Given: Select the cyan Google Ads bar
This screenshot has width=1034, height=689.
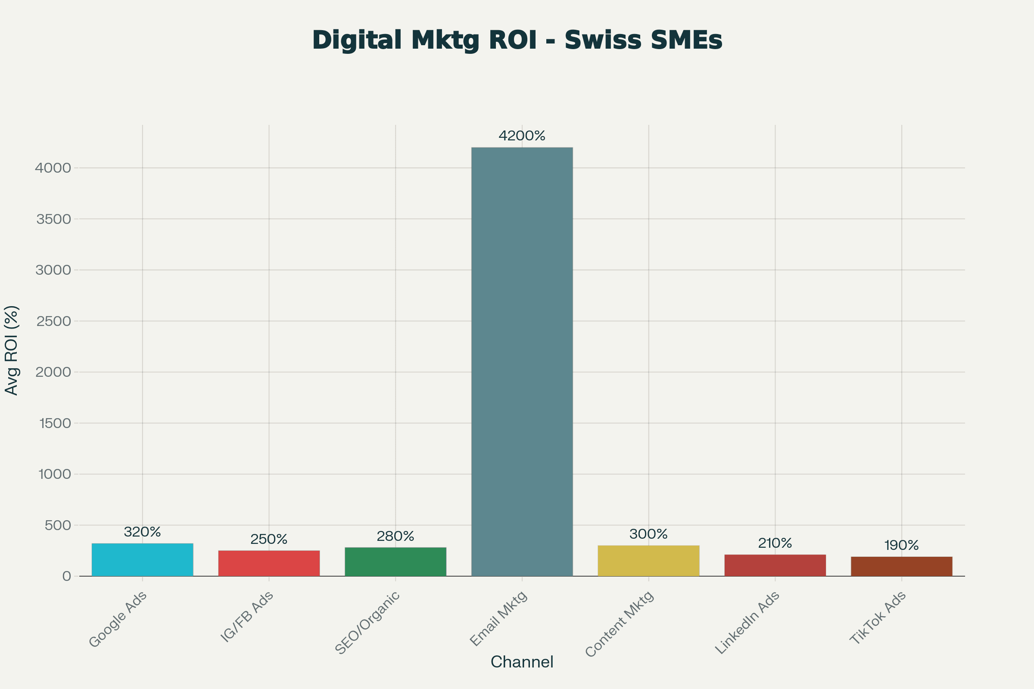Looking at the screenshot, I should [143, 559].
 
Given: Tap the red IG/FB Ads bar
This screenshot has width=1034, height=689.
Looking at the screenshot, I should [268, 563].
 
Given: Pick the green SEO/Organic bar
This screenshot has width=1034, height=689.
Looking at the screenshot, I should [395, 562].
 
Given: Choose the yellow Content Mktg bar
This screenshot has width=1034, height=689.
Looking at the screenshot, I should [648, 560].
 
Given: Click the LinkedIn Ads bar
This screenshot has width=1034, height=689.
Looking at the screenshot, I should [775, 565].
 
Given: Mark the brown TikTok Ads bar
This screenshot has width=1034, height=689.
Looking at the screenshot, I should [902, 566].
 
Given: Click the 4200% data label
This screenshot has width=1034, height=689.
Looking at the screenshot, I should [522, 136].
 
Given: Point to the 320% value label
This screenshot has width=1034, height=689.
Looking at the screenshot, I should [143, 532].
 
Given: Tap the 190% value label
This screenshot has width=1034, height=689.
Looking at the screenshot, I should [902, 545].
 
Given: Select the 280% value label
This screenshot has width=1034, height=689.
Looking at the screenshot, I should [395, 536].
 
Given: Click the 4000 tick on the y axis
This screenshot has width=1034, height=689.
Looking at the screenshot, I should [53, 168].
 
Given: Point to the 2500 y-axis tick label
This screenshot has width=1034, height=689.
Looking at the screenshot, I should [53, 321].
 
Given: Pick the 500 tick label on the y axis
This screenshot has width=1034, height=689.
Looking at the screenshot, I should [58, 525].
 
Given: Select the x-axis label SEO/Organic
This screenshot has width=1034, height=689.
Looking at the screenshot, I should [367, 623].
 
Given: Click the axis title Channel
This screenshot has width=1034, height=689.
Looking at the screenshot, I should [522, 662].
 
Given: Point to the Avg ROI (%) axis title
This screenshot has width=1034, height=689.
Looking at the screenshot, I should [12, 350].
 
